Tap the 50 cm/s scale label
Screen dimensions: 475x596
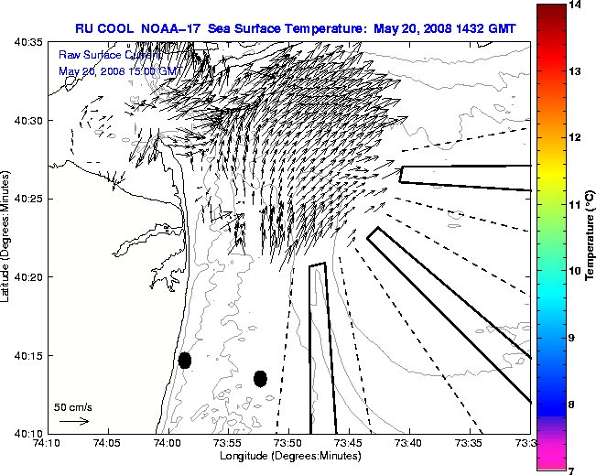point(73,406)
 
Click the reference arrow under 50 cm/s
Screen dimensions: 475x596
point(73,421)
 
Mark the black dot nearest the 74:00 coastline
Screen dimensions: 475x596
point(185,360)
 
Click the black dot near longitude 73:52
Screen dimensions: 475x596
point(260,378)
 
